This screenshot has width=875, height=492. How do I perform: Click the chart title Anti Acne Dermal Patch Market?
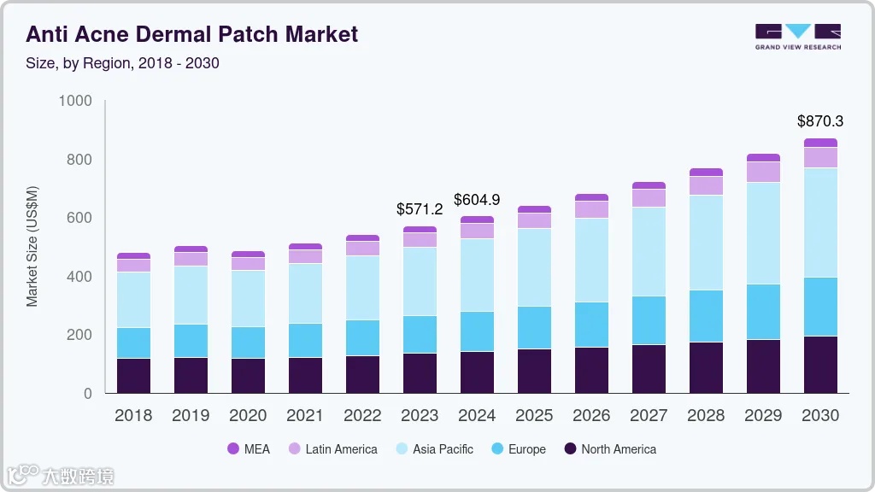pyautogui.click(x=191, y=34)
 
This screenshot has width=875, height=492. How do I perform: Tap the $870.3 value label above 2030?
pyautogui.click(x=820, y=121)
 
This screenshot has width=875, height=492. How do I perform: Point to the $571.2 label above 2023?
pyautogui.click(x=420, y=208)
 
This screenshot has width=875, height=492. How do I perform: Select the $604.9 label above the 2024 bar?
pyautogui.click(x=477, y=200)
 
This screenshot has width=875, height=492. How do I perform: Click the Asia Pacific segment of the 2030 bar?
pyautogui.click(x=820, y=222)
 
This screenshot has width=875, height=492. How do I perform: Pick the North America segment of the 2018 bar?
pyautogui.click(x=133, y=376)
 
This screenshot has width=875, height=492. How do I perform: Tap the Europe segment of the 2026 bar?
pyautogui.click(x=591, y=325)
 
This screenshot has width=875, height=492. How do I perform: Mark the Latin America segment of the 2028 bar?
pyautogui.click(x=706, y=185)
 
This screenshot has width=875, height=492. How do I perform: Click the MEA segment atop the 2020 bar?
pyautogui.click(x=248, y=255)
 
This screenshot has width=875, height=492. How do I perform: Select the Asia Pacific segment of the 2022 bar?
pyautogui.click(x=362, y=288)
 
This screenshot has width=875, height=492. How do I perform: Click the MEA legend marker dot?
pyautogui.click(x=233, y=449)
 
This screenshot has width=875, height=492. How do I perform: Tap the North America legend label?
pyautogui.click(x=619, y=449)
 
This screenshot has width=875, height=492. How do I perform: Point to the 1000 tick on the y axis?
pyautogui.click(x=75, y=101)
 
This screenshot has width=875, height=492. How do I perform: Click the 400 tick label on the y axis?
pyautogui.click(x=79, y=277)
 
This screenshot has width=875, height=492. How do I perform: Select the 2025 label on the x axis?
pyautogui.click(x=534, y=416)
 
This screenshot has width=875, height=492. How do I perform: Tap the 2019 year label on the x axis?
pyautogui.click(x=191, y=416)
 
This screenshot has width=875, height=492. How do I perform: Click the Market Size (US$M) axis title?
pyautogui.click(x=32, y=247)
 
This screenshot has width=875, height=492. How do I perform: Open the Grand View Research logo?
pyautogui.click(x=797, y=37)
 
